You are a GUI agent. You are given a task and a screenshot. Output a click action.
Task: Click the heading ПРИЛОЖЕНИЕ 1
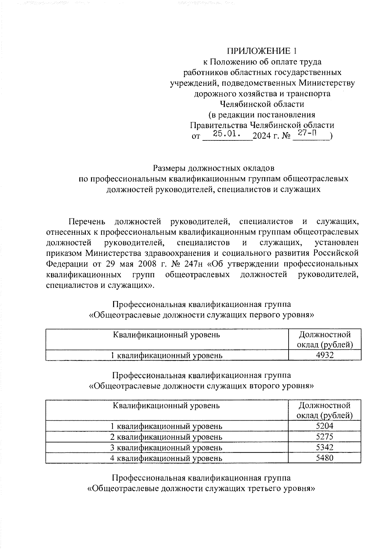tap(262, 51)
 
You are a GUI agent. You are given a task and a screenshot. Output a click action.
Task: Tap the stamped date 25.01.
tap(227, 134)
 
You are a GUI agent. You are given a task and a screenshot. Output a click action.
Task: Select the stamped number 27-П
tap(307, 133)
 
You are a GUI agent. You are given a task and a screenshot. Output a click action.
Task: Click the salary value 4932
tap(325, 355)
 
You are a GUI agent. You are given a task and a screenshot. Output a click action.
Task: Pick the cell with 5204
tap(325, 426)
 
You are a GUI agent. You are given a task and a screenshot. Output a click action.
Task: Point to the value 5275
tap(325, 437)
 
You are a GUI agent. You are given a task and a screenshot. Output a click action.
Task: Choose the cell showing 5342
tap(325, 447)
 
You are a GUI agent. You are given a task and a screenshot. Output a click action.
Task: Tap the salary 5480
tap(325, 458)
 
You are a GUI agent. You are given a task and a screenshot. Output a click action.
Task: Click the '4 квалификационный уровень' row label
tap(166, 458)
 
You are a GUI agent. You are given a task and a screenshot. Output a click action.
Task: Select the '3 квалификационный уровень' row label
tap(166, 447)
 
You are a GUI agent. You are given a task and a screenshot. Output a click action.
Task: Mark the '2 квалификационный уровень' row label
tap(166, 437)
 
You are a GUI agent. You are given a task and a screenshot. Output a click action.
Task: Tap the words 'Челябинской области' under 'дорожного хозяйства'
tap(262, 104)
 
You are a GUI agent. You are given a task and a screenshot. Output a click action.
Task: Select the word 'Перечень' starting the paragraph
tap(87, 222)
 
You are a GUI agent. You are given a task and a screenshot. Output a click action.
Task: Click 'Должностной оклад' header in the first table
tap(325, 339)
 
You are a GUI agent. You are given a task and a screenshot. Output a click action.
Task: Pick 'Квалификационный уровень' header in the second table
tap(166, 405)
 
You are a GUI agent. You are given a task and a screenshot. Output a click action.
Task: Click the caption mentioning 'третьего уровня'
tap(201, 489)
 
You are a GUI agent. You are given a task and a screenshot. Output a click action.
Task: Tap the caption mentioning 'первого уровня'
tap(201, 315)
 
